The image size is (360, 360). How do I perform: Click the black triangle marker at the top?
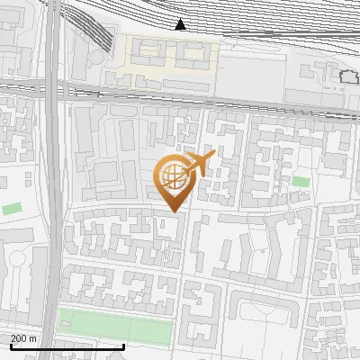click(181, 24)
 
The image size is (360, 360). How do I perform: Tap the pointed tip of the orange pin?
click(172, 211)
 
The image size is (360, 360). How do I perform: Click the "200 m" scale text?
click(24, 337)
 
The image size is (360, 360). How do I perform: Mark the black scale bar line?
click(67, 346)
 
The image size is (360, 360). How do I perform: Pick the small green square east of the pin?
click(301, 182)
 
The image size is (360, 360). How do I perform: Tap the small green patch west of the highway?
click(12, 209)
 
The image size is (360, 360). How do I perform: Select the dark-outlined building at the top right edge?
click(349, 78)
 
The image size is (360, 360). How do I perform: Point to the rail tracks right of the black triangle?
click(270, 27)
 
